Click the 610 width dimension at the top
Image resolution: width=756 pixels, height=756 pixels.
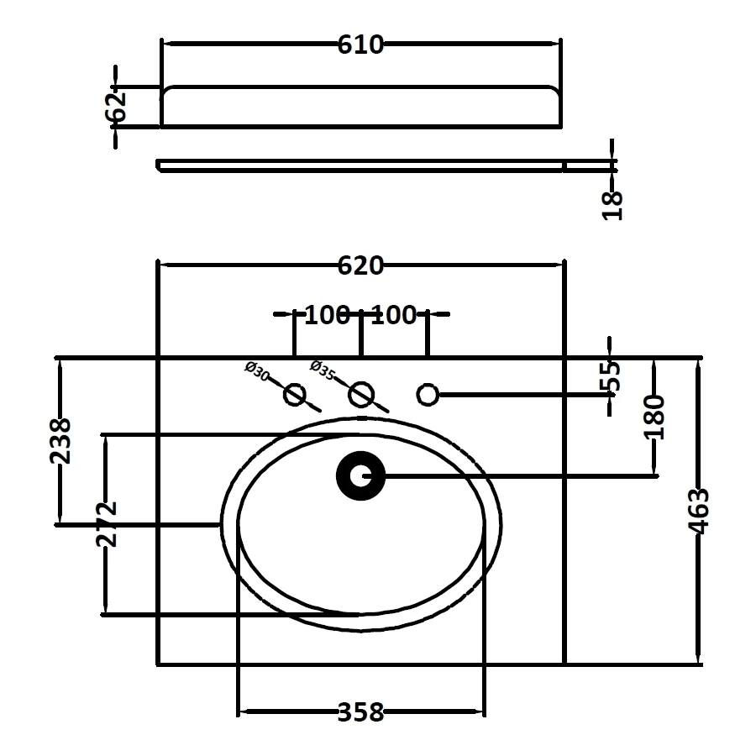pos(360,45)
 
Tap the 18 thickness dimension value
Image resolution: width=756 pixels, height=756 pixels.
pos(613,204)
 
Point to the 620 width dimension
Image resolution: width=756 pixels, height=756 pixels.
pos(360,266)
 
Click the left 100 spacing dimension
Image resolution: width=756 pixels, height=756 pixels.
pos(327,315)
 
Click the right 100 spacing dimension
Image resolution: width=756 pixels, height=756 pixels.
pos(394,315)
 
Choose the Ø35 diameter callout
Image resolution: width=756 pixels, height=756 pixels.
pos(323,370)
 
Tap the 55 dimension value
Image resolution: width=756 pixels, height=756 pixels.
pos(612,376)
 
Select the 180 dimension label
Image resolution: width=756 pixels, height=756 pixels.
pos(656,417)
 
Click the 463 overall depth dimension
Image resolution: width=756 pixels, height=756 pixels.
pos(699,510)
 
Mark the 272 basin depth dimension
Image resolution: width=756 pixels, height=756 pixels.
pos(106,524)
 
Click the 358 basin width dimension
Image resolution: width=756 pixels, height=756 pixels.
pos(360,713)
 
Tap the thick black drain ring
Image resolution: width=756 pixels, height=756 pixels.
pos(361,477)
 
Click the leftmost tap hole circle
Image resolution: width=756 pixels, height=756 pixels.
pos(295,393)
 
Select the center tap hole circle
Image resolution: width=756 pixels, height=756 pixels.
pos(361,394)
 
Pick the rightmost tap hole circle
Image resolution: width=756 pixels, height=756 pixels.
pos(428,393)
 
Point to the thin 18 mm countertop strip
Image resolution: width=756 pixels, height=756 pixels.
pos(360,164)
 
